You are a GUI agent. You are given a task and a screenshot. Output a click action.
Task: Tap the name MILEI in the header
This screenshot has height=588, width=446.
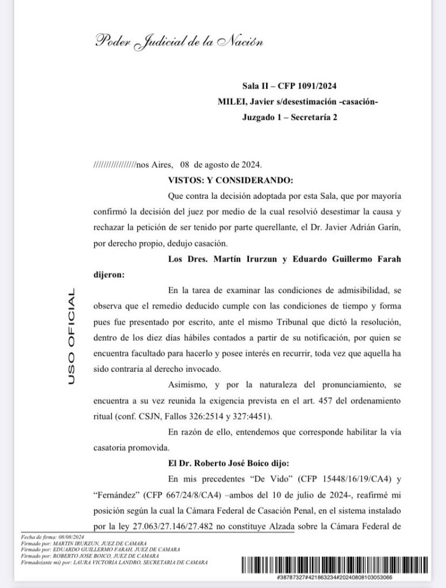pyautogui.click(x=230, y=102)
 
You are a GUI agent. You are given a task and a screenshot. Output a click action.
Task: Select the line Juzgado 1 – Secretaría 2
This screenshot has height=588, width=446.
pyautogui.click(x=289, y=117)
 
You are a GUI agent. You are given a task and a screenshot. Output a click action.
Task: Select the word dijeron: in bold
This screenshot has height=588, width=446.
pyautogui.click(x=108, y=274)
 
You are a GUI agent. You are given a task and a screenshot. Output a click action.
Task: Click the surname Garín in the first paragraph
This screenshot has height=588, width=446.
pyautogui.click(x=389, y=227)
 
